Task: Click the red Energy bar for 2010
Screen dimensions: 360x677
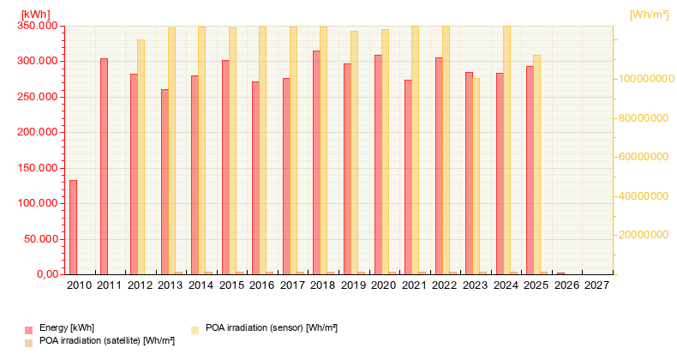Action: [x=73, y=227]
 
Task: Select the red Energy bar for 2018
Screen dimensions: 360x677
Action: [x=316, y=163]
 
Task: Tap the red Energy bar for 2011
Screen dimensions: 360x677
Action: [x=104, y=166]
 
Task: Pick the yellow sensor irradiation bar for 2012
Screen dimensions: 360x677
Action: [x=141, y=157]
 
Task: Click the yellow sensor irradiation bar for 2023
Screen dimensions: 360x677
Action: [x=476, y=177]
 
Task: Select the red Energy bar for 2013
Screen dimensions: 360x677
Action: [x=165, y=182]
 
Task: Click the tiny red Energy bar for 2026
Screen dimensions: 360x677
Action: [x=560, y=273]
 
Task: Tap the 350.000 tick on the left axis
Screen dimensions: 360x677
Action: [x=39, y=26]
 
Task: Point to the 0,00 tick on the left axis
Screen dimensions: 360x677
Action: [x=45, y=274]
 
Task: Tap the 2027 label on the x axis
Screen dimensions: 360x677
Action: [x=596, y=285]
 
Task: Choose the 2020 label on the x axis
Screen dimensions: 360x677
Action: [x=384, y=285]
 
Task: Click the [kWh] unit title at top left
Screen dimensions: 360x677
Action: [x=35, y=14]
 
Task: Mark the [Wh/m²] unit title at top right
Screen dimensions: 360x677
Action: [x=648, y=14]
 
